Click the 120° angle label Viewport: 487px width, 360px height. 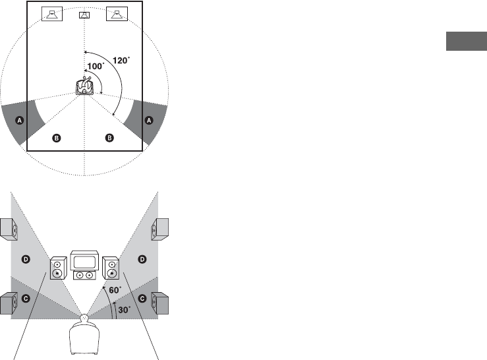click(x=121, y=60)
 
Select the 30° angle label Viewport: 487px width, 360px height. click(x=123, y=307)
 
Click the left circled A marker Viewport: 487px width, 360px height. click(x=20, y=120)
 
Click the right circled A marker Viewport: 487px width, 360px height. click(x=148, y=120)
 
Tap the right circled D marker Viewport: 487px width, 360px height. click(x=142, y=261)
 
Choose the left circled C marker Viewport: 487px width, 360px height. click(x=26, y=299)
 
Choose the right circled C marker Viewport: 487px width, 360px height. click(x=142, y=299)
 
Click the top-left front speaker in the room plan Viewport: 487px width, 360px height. click(x=51, y=13)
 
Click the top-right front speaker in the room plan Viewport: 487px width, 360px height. click(x=117, y=13)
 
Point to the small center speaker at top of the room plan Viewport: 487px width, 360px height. click(x=84, y=15)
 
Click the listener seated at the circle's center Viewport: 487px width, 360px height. click(x=84, y=88)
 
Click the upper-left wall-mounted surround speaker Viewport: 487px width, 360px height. click(x=9, y=228)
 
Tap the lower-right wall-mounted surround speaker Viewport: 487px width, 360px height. click(x=160, y=304)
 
